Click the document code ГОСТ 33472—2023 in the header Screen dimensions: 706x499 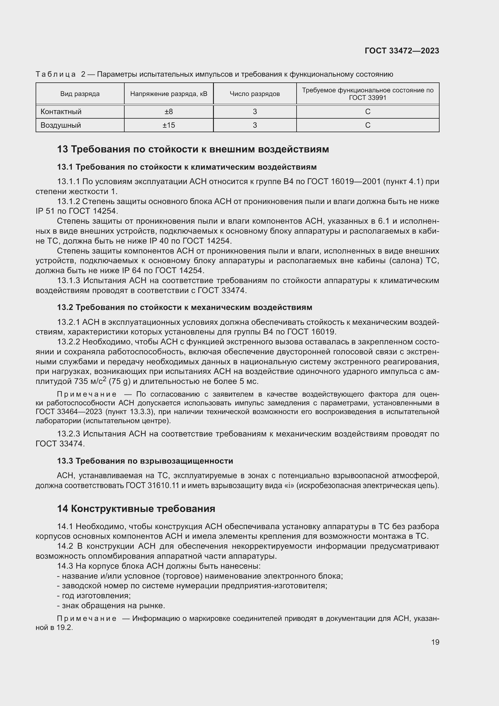pyautogui.click(x=402, y=51)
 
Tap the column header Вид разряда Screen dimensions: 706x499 pyautogui.click(x=80, y=94)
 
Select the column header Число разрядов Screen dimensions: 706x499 pyautogui.click(x=255, y=94)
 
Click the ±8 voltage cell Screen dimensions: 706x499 pyautogui.click(x=169, y=112)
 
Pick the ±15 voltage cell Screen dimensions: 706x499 pyautogui.click(x=169, y=125)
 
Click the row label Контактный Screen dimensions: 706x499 pyautogui.click(x=61, y=112)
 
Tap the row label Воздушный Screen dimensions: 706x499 pyautogui.click(x=61, y=125)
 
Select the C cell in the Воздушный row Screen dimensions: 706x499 pyautogui.click(x=367, y=125)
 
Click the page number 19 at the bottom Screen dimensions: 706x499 pyautogui.click(x=435, y=642)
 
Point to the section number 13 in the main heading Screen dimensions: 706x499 pyautogui.click(x=62, y=149)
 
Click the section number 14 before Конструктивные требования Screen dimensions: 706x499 pyautogui.click(x=62, y=509)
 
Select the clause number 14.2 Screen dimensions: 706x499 pyautogui.click(x=65, y=546)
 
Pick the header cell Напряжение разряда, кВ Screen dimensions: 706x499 pyautogui.click(x=169, y=94)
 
